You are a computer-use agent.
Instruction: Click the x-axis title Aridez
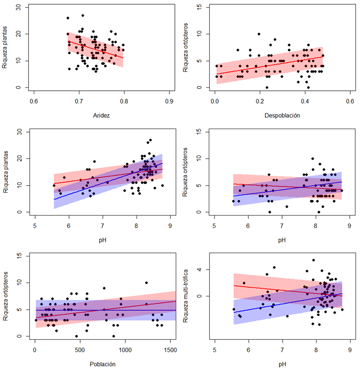(x=101, y=115)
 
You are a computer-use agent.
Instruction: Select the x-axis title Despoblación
(x=282, y=115)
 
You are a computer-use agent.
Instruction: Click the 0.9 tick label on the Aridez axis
(x=170, y=101)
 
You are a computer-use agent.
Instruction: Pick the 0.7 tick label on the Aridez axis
(x=79, y=101)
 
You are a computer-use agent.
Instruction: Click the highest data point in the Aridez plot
(x=83, y=16)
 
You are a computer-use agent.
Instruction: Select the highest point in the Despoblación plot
(x=259, y=34)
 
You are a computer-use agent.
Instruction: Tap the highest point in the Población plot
(x=146, y=283)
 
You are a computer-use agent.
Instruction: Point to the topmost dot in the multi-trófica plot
(x=314, y=260)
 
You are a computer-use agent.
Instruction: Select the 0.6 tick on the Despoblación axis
(x=350, y=101)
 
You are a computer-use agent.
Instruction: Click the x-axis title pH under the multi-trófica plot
(x=282, y=364)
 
